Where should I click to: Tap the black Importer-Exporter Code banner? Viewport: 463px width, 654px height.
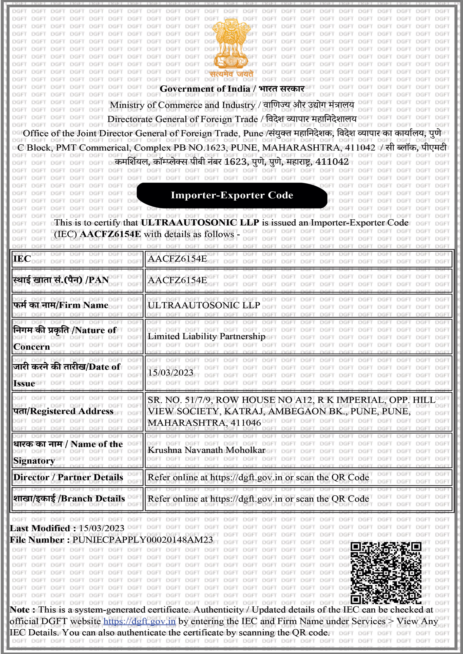coord(232,195)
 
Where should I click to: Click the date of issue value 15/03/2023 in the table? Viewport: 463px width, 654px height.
coord(170,373)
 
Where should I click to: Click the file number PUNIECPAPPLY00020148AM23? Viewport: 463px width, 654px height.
coord(142,540)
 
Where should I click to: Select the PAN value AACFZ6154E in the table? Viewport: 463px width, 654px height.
coord(177,280)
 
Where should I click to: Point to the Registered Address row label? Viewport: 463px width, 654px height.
coord(63,411)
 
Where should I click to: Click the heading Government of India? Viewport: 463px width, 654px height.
coord(205,89)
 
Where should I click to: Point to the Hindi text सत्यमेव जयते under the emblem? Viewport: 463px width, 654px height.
coord(231,74)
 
